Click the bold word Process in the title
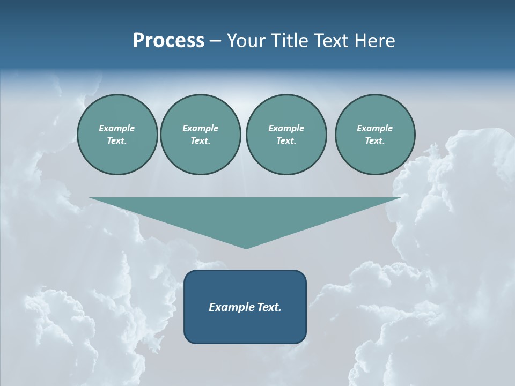(168, 41)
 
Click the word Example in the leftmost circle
(117, 128)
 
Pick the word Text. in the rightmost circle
(375, 141)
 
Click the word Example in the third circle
(286, 128)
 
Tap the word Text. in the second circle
(201, 141)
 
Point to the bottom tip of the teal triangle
(246, 247)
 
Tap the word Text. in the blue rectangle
(270, 307)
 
